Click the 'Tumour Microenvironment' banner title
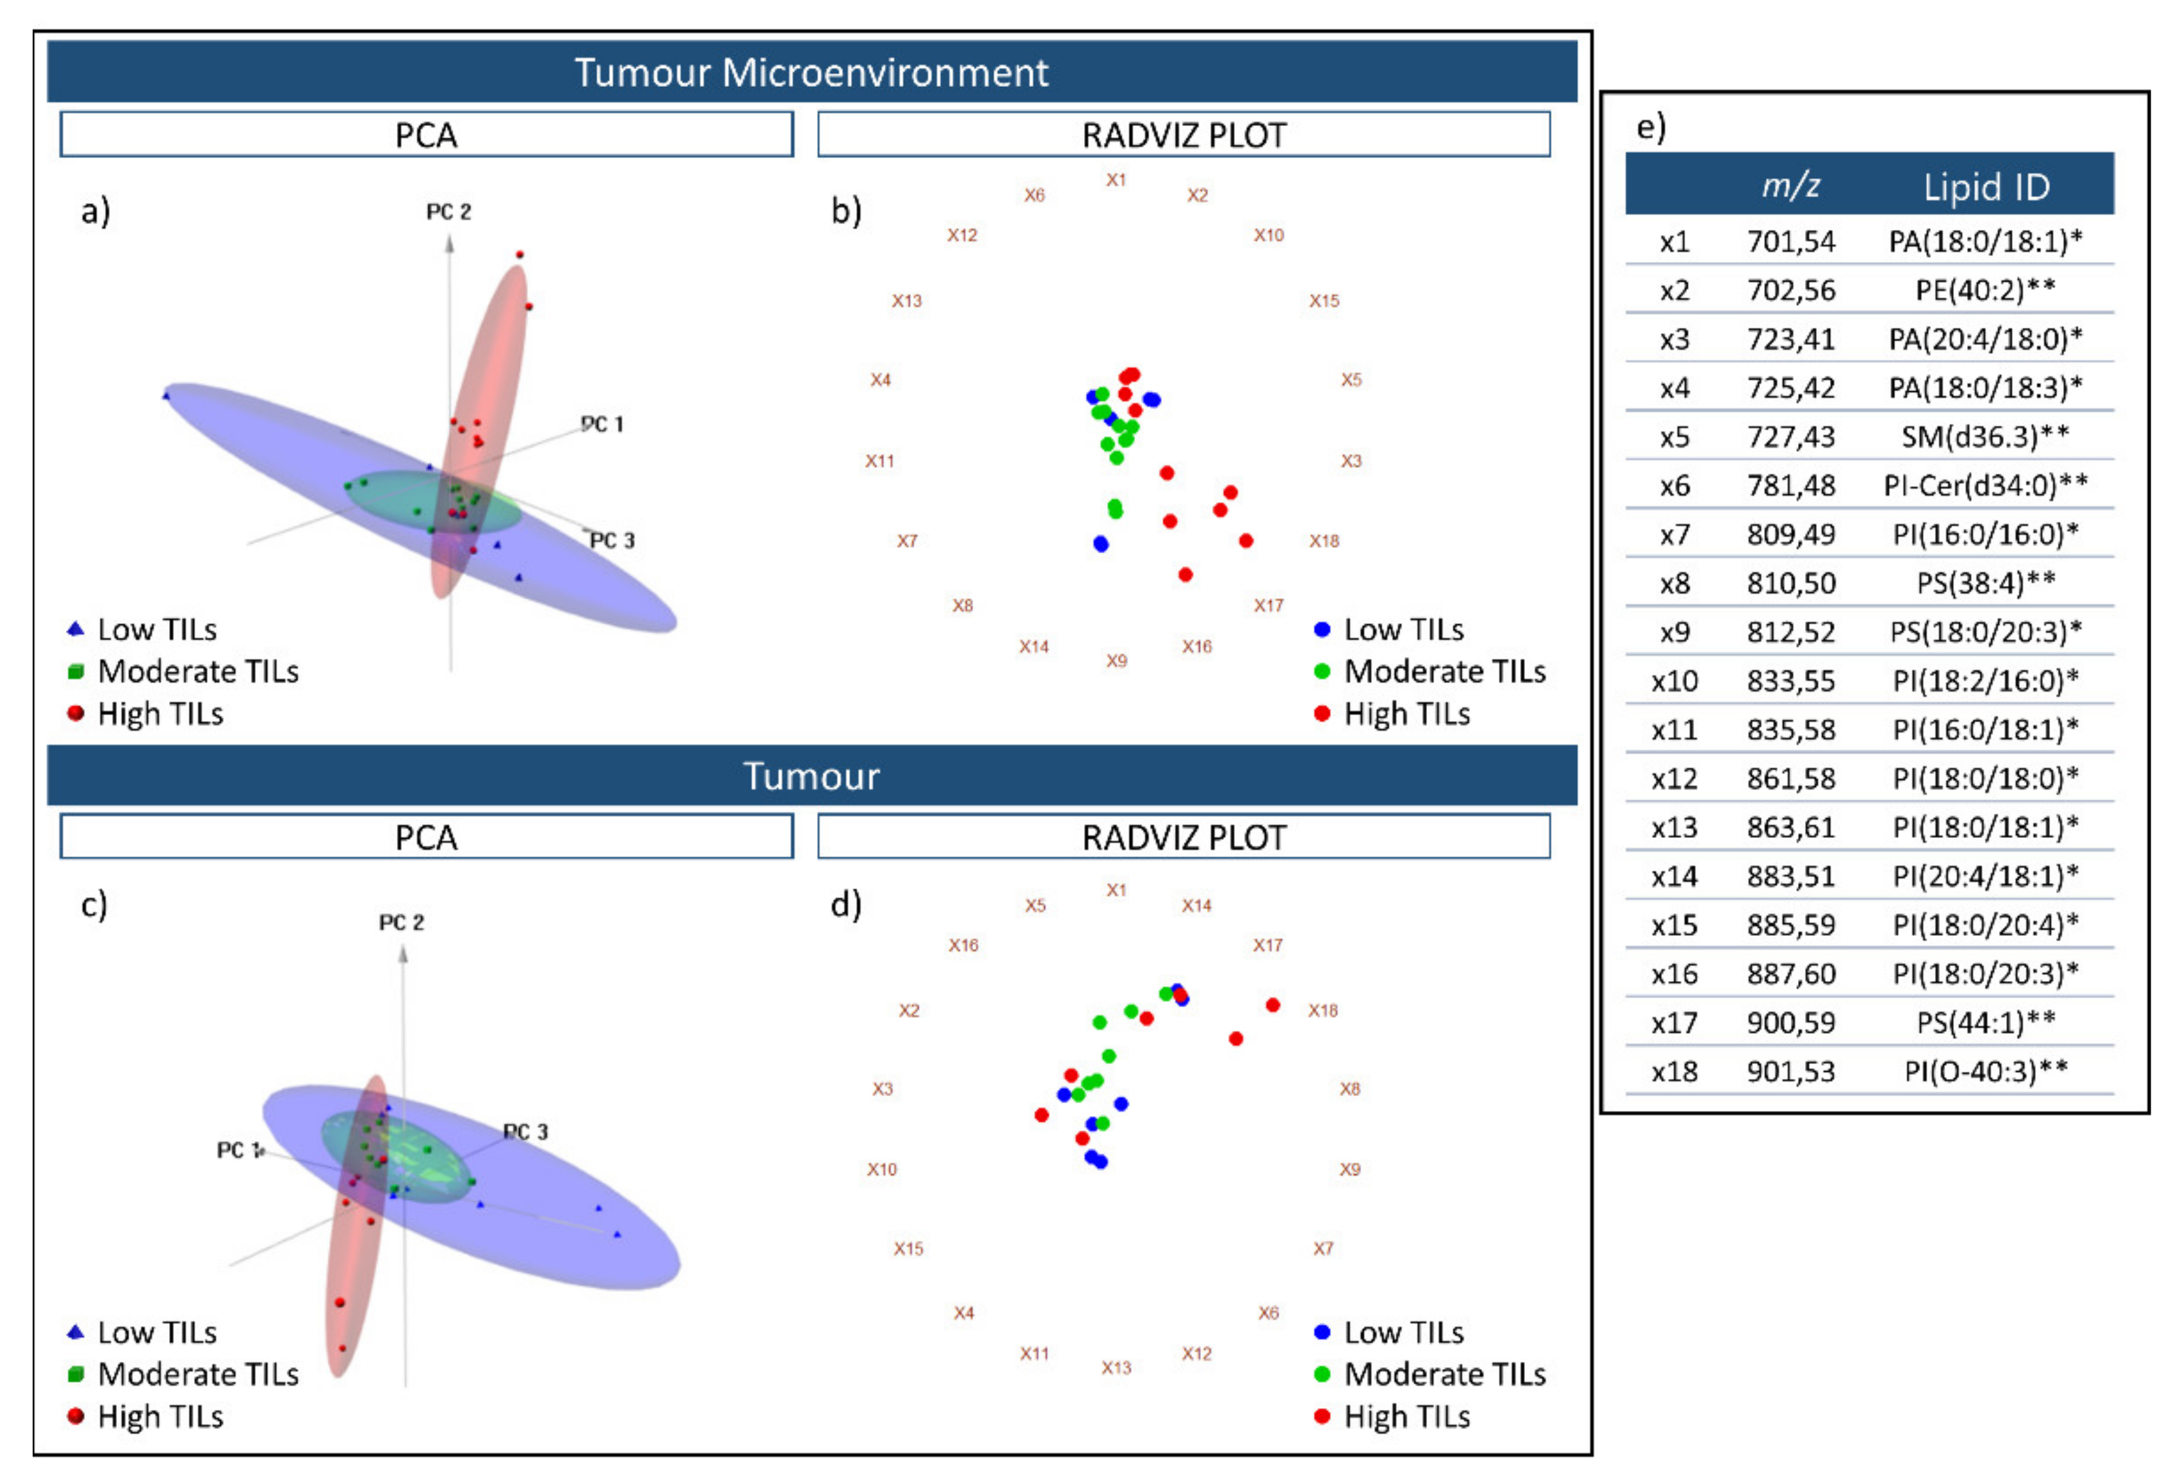click(811, 72)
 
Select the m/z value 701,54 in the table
click(1789, 242)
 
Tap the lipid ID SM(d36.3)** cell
click(1984, 437)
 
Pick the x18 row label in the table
click(1675, 1071)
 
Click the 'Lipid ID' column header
click(1986, 187)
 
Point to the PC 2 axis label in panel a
click(449, 212)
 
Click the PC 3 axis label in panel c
click(525, 1132)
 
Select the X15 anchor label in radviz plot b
click(1324, 301)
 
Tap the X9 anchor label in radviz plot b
click(1115, 660)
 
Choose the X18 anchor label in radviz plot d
click(1322, 1010)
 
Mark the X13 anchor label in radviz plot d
click(1115, 1368)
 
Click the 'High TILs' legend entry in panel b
click(1406, 714)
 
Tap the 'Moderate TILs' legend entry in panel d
click(1443, 1374)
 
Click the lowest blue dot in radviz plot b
click(1101, 544)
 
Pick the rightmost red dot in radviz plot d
click(1273, 1005)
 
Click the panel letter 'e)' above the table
click(1650, 127)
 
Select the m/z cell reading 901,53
click(1789, 1071)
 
